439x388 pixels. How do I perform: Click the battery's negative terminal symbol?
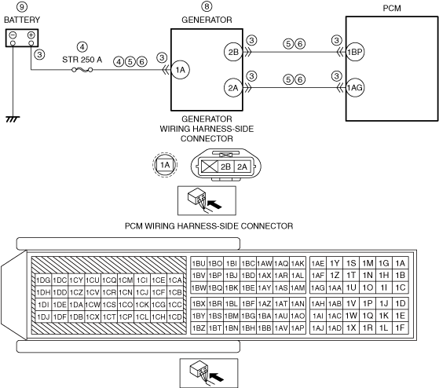click(13, 35)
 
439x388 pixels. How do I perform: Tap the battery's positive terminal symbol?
click(31, 35)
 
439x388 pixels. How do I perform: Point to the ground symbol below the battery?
click(13, 119)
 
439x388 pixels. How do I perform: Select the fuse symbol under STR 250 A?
click(82, 70)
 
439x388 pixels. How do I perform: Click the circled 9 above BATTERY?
click(22, 7)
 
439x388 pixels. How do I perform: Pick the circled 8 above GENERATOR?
click(207, 6)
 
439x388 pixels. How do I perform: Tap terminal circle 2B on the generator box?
click(233, 52)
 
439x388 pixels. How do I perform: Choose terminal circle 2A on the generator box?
click(233, 88)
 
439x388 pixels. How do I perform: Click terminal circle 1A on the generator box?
click(181, 70)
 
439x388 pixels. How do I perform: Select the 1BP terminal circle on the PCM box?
click(355, 52)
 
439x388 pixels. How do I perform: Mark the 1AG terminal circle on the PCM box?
click(355, 88)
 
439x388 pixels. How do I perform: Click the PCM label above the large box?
click(392, 9)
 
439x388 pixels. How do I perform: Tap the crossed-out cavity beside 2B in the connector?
click(210, 167)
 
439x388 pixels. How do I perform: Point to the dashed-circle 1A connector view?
click(165, 165)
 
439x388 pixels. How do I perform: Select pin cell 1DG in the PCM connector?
click(43, 280)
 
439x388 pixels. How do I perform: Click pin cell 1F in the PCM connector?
click(401, 328)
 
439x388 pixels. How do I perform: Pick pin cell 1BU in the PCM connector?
click(199, 263)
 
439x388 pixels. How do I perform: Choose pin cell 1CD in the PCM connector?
click(175, 317)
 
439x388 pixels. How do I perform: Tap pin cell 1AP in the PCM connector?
click(298, 328)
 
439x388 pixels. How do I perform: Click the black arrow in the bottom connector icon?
click(217, 377)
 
